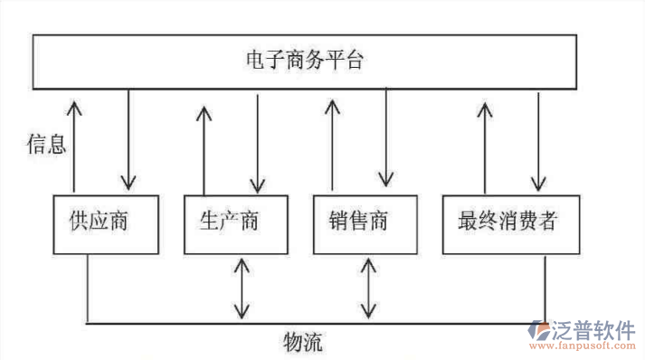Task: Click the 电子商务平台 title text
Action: coord(305,62)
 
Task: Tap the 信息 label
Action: coord(46,144)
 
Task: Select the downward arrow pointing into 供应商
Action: coord(129,136)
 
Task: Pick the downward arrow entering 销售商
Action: coord(386,136)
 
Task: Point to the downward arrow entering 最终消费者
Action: coord(540,136)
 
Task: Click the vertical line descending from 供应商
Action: coord(87,288)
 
